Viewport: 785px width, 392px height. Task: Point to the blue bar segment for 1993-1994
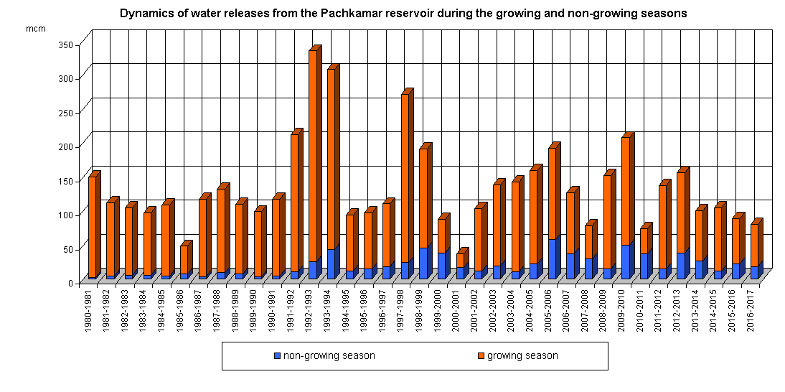[332, 264]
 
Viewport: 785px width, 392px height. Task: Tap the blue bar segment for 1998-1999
[423, 263]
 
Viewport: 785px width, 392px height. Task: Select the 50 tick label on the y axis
[67, 249]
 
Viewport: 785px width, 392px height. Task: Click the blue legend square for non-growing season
[278, 355]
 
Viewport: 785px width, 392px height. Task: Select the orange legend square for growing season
[481, 355]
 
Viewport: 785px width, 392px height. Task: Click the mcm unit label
[35, 28]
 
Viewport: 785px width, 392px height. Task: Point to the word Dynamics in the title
[145, 13]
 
